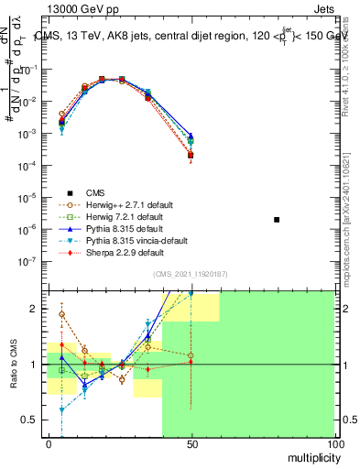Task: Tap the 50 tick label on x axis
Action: tap(191, 443)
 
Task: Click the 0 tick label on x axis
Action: tap(49, 443)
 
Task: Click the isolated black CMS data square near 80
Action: tap(277, 220)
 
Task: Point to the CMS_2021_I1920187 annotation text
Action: tap(191, 274)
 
